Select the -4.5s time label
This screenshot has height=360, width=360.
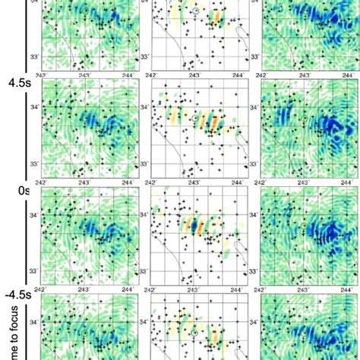pos(16,292)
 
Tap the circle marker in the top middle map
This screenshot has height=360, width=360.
pos(195,12)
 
